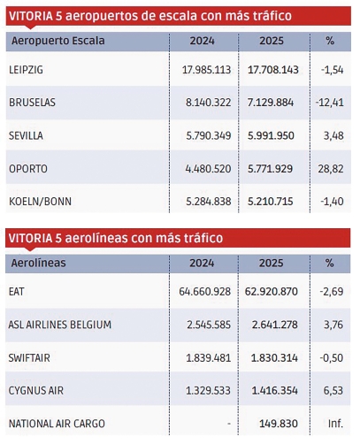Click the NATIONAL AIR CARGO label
click(x=52, y=424)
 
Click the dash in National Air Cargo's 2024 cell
click(x=229, y=424)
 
